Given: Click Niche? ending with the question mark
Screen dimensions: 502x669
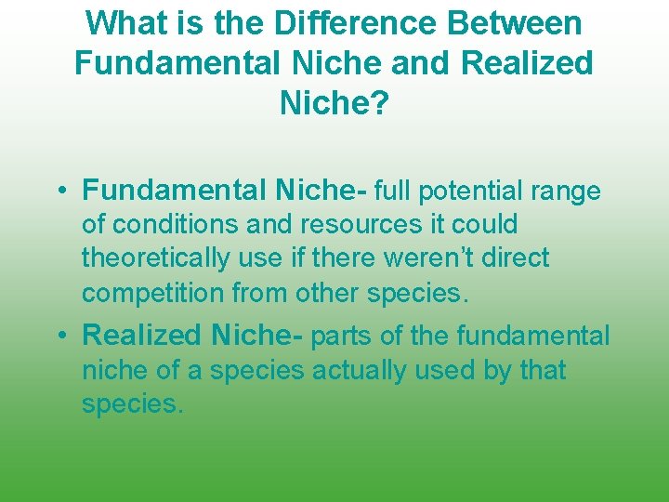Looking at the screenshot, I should pos(334,104).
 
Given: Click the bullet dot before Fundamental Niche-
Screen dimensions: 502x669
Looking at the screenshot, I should pos(60,192).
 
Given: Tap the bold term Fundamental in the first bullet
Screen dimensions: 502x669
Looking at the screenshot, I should pos(175,191).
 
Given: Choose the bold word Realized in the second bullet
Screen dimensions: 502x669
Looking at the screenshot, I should pos(143,336).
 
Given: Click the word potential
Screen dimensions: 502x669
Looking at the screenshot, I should pos(472,192).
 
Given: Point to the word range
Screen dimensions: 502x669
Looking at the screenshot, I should pos(567,192).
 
